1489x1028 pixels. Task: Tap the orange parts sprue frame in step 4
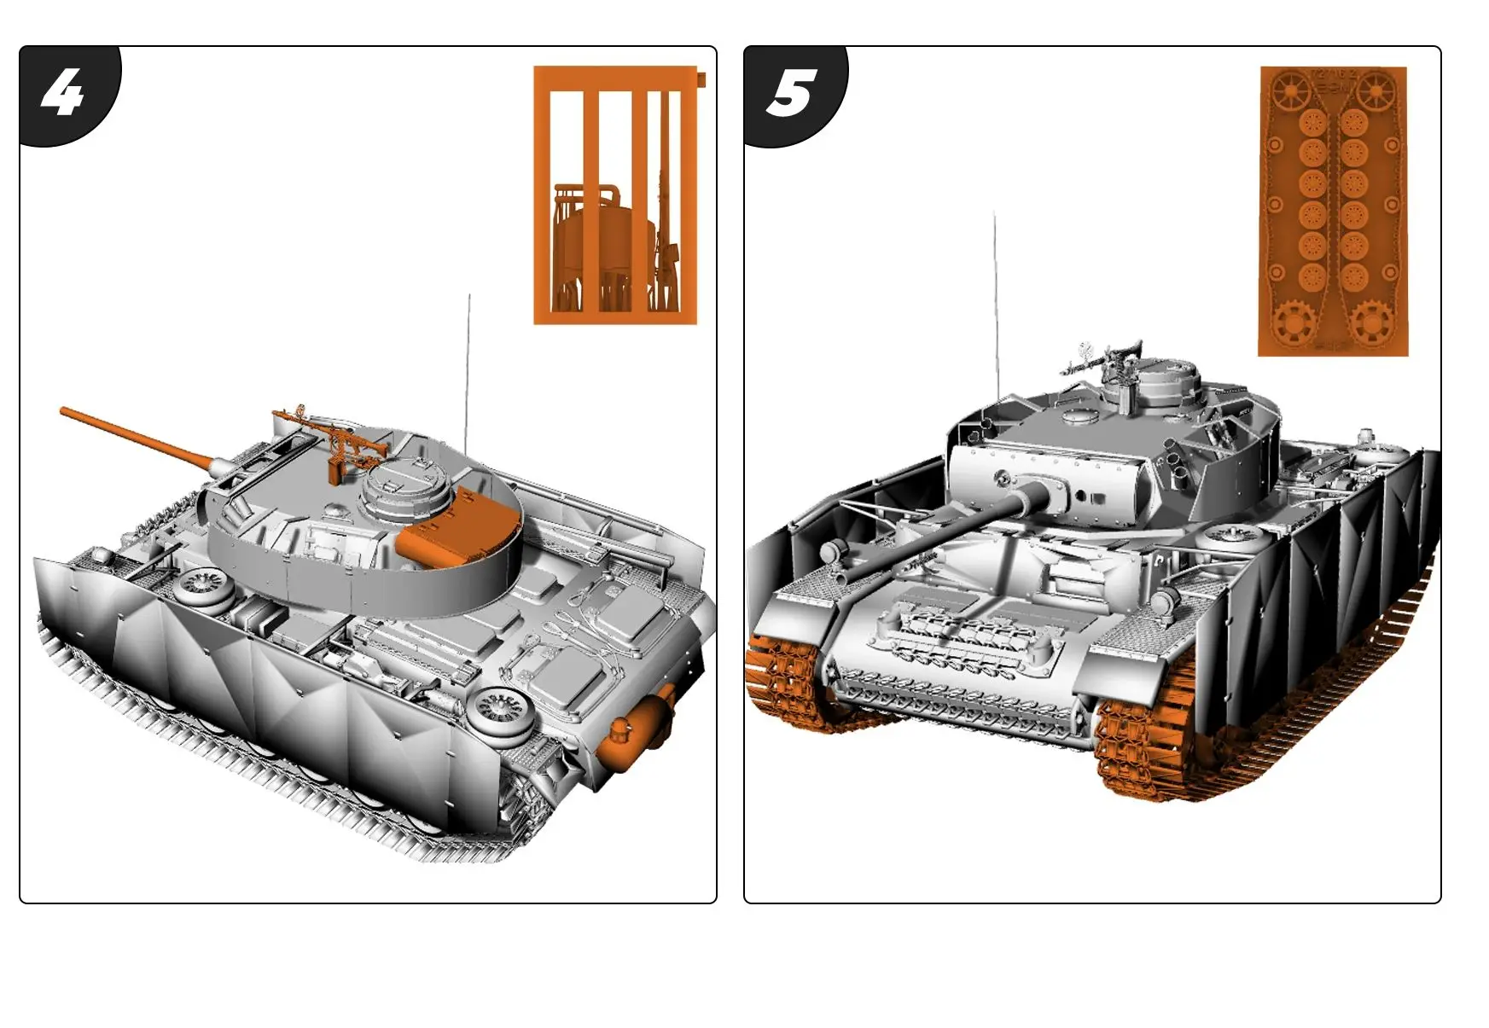615,195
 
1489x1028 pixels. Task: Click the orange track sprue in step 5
1333,211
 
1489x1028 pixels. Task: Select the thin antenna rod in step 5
995,299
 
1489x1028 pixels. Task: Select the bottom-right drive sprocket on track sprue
1370,322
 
